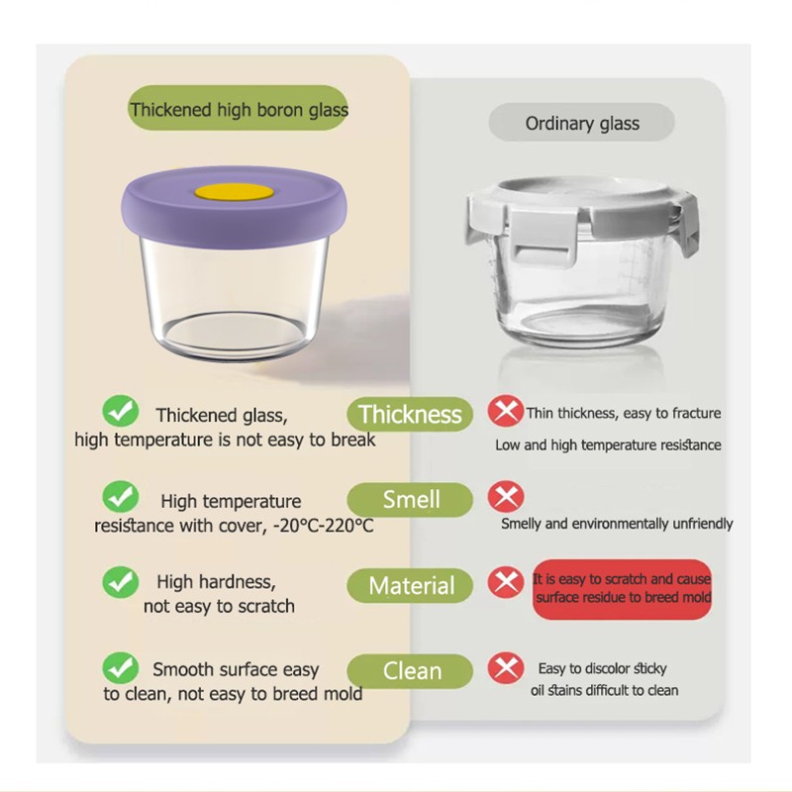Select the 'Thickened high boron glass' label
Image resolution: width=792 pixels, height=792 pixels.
pos(239,110)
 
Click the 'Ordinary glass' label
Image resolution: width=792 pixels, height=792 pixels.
pos(582,124)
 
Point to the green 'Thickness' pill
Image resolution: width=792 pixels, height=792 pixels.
pos(410,414)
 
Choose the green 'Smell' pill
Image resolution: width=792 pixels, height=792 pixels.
pos(410,500)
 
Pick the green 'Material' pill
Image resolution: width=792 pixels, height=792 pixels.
pos(410,586)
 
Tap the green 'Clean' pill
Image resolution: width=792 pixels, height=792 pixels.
pos(410,671)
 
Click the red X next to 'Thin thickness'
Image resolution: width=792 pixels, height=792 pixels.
pos(506,411)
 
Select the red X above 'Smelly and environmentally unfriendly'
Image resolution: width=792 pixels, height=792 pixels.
pos(506,496)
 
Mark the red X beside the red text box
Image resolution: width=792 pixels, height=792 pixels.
pos(506,582)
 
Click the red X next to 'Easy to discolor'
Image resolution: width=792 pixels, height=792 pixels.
pos(506,668)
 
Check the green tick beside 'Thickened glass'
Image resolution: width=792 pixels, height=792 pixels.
pos(121,410)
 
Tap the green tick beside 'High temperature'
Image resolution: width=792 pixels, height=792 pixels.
pos(121,495)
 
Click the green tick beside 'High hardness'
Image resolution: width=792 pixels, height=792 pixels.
pos(121,581)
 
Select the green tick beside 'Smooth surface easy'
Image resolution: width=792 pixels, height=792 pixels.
pos(121,667)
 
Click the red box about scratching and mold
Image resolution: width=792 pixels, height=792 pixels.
pos(622,589)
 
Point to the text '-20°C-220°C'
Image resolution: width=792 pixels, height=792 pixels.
pos(321,526)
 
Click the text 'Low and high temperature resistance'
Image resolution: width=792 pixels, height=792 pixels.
pos(608,445)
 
